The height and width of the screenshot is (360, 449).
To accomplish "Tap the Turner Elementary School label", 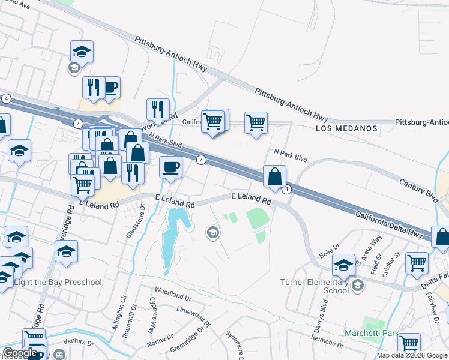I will click(315, 286).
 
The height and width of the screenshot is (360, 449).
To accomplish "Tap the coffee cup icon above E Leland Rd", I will click(171, 166).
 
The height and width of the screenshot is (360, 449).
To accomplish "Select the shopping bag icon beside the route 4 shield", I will click(274, 176).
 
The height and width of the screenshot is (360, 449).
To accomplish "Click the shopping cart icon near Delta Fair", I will click(417, 262).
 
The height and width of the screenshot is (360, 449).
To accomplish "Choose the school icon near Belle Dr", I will click(343, 264).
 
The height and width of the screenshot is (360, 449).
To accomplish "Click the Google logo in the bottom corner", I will click(20, 353).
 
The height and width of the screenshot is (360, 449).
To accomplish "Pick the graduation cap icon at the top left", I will click(82, 52).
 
